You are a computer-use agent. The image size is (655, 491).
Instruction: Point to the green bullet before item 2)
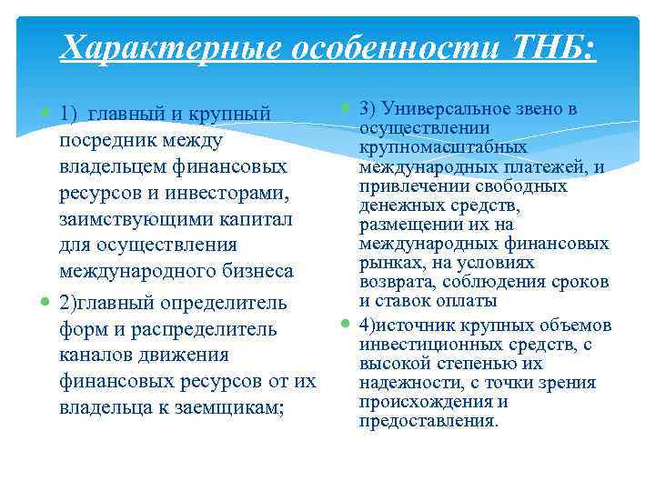click(x=45, y=302)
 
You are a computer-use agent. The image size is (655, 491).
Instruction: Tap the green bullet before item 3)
click(x=346, y=109)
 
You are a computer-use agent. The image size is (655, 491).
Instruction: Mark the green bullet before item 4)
click(x=346, y=323)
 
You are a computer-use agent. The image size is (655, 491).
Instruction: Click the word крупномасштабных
click(x=442, y=147)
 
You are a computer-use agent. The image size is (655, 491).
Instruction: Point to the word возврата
click(x=400, y=282)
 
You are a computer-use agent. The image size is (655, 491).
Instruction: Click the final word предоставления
click(x=428, y=421)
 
